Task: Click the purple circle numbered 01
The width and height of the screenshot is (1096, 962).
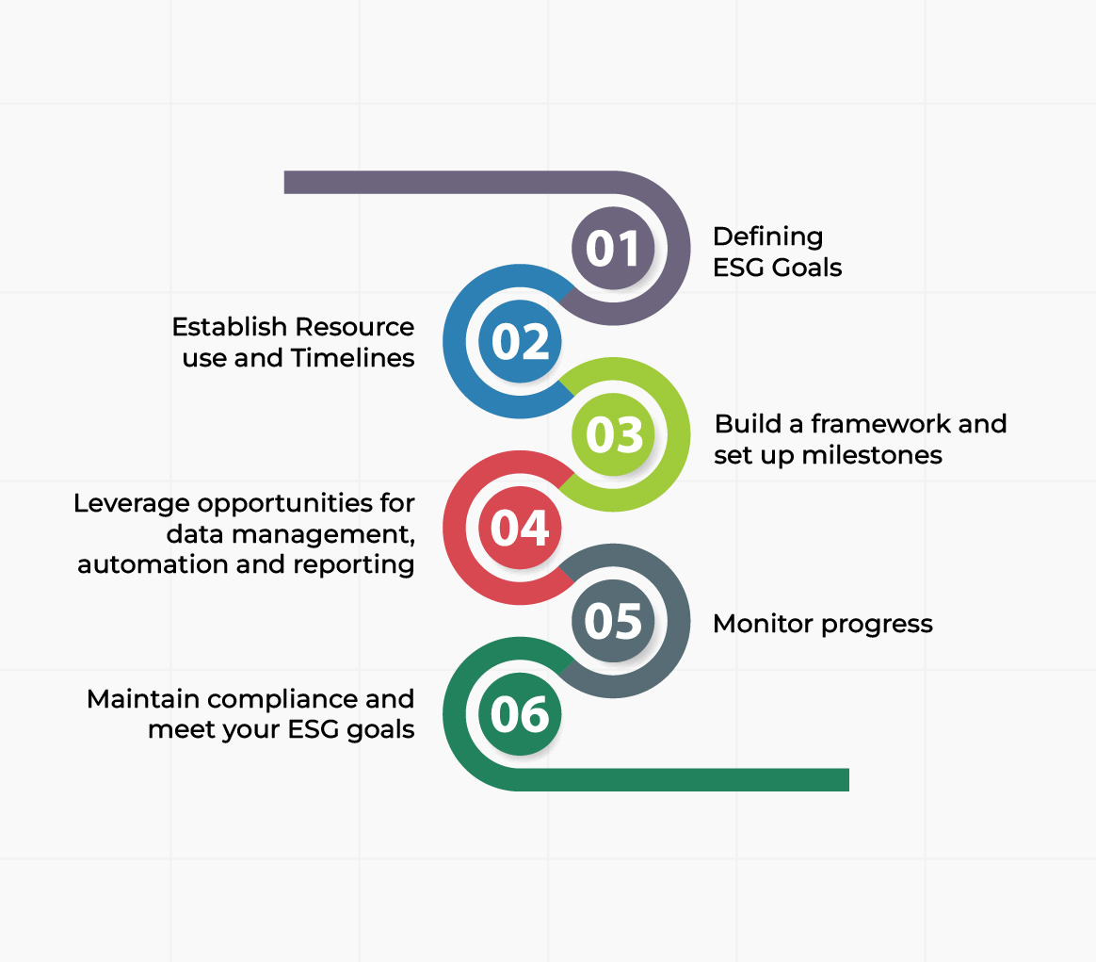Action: [613, 248]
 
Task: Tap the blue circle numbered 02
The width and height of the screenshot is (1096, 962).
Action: [520, 341]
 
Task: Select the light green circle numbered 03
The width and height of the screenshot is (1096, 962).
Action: [613, 434]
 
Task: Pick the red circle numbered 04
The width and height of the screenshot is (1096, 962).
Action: [520, 528]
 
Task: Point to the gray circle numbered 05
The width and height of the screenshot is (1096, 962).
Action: [613, 621]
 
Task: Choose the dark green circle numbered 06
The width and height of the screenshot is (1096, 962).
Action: [520, 713]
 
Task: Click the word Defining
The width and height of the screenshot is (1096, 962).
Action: [767, 237]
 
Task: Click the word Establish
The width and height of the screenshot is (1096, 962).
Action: [229, 327]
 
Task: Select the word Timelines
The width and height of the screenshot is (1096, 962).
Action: [352, 357]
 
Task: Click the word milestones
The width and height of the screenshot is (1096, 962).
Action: [872, 455]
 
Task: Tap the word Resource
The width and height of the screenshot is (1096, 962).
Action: [353, 327]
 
